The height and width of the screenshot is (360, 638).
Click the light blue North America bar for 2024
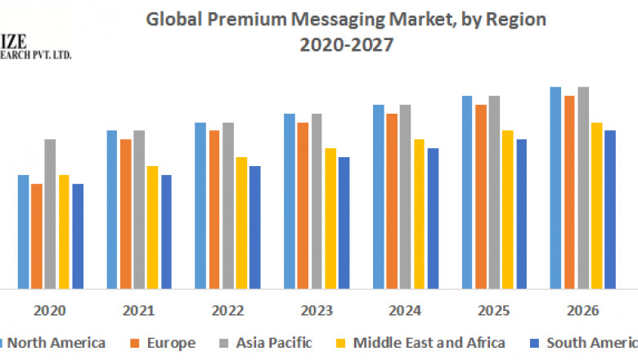point(379,196)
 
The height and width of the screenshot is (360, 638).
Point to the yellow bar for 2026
point(596,205)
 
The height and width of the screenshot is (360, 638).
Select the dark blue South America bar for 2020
point(78,236)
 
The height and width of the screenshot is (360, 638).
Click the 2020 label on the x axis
point(50,311)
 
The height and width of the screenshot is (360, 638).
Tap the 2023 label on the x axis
point(317,311)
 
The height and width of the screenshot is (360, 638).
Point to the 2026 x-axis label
point(582,311)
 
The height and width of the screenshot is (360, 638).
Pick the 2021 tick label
point(139,311)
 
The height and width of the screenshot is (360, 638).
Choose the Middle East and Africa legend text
point(430,343)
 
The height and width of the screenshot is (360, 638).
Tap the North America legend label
point(56,343)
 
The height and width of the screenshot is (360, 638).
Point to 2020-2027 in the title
point(346,46)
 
